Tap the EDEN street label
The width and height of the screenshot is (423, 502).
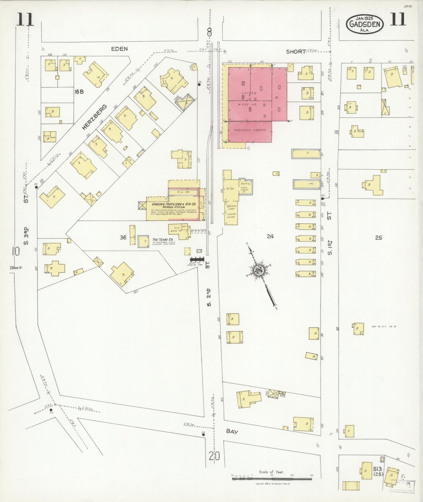pyautogui.click(x=119, y=49)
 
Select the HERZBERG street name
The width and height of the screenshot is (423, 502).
pyautogui.click(x=94, y=117)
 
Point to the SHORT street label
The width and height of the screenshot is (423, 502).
pyautogui.click(x=296, y=52)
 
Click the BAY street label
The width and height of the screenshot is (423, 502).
pyautogui.click(x=232, y=431)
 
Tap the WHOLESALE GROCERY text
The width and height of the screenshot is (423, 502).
pyautogui.click(x=250, y=130)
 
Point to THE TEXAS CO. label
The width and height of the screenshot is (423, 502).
pyautogui.click(x=163, y=240)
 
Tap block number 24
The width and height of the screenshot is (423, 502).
pyautogui.click(x=270, y=236)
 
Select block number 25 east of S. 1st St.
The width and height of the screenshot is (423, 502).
pyautogui.click(x=379, y=238)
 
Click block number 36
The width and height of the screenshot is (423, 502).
pyautogui.click(x=123, y=237)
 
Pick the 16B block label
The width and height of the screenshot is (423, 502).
pyautogui.click(x=79, y=92)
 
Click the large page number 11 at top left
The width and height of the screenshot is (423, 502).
pyautogui.click(x=25, y=20)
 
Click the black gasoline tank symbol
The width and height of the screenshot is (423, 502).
pyautogui.click(x=197, y=259)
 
